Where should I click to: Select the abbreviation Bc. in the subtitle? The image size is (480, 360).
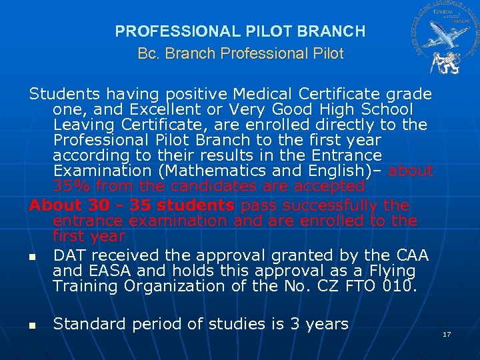pyautogui.click(x=147, y=53)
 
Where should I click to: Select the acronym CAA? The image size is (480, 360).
pyautogui.click(x=409, y=255)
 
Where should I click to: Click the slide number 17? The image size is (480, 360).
pyautogui.click(x=447, y=333)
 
